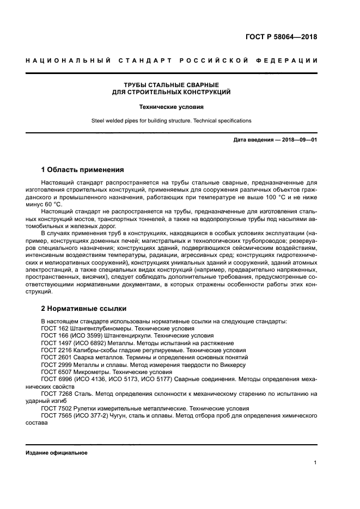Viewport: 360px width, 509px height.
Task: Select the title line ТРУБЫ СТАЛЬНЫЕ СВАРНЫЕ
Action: pyautogui.click(x=171, y=85)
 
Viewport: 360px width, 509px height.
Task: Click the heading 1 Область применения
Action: pyautogui.click(x=83, y=169)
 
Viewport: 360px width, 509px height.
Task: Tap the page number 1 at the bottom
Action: pyautogui.click(x=315, y=463)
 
